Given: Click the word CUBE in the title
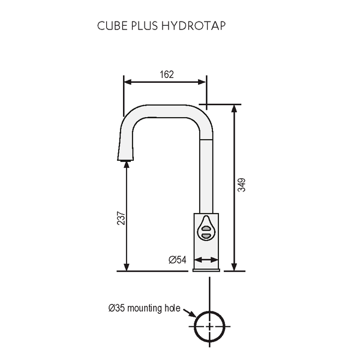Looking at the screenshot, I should pos(109,26).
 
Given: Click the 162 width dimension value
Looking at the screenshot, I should pos(167,74).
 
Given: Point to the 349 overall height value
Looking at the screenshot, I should pos(241,185).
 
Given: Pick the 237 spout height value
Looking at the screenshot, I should pos(121,218).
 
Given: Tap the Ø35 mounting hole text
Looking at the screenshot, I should pos(144,308).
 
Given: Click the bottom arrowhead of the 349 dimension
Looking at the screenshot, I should pos(233,266).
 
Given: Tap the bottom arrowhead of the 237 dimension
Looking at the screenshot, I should pos(126,266).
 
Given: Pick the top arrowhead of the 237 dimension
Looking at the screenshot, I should pos(126,167).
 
